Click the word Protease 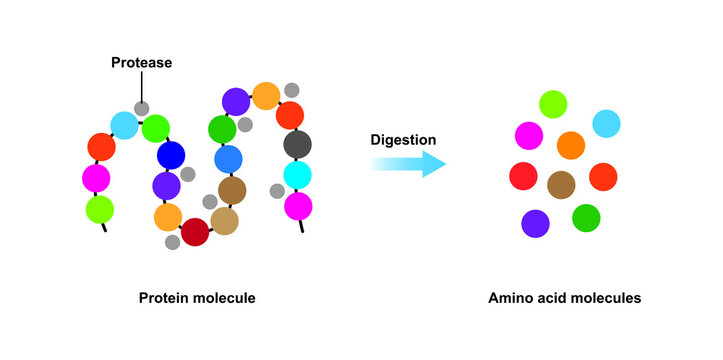(x=141, y=63)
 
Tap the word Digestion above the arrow (x=403, y=139)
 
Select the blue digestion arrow (x=408, y=163)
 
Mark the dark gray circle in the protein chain (x=297, y=144)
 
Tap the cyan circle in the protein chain (x=298, y=175)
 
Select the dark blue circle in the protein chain (x=171, y=155)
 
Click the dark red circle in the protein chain (x=194, y=232)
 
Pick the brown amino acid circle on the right (x=562, y=184)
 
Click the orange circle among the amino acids (x=570, y=146)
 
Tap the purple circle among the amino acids (x=535, y=223)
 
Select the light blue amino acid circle (x=606, y=123)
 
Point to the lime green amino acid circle (x=553, y=103)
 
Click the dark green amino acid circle (x=586, y=217)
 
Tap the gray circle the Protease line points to (x=142, y=107)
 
